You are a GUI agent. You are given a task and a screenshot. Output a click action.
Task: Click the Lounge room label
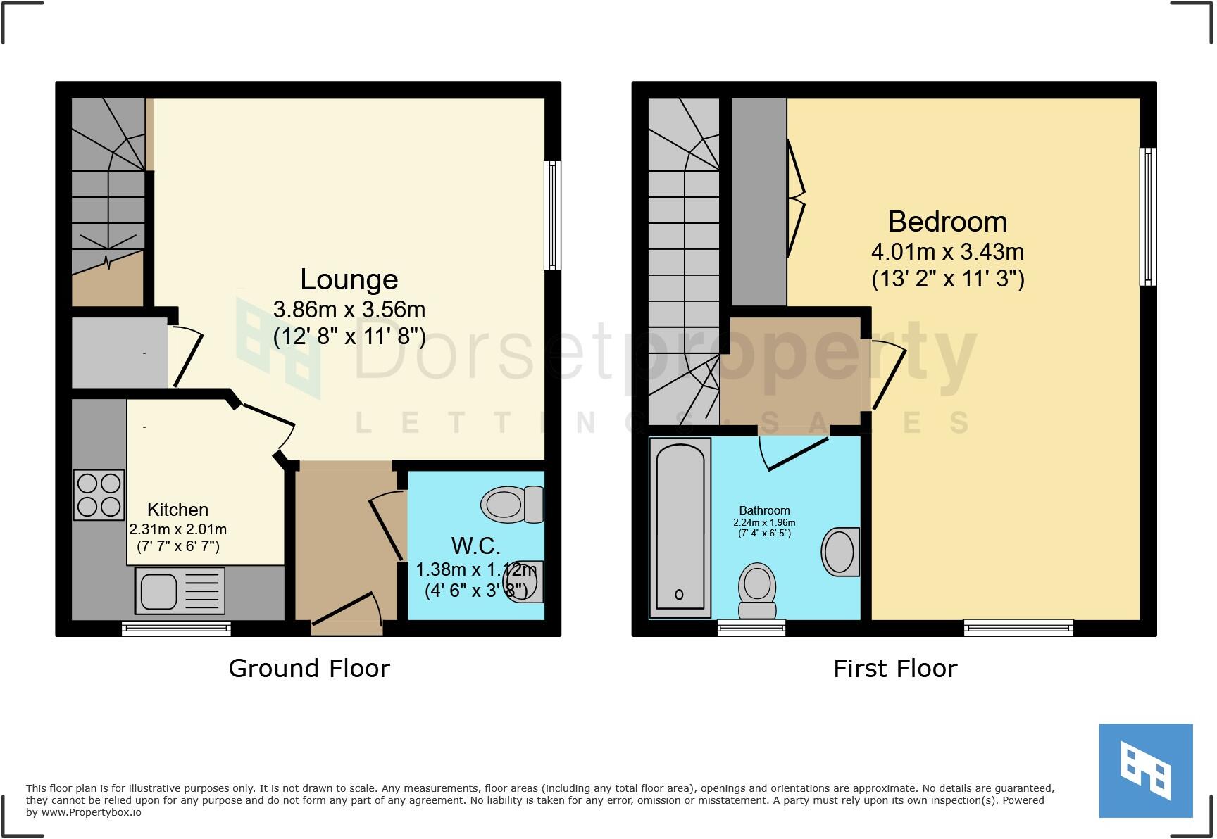click(349, 279)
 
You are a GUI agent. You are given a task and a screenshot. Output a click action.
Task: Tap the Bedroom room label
click(947, 222)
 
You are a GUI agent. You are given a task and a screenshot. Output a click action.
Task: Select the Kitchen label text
click(177, 510)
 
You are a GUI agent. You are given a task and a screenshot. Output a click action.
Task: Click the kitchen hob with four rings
click(99, 495)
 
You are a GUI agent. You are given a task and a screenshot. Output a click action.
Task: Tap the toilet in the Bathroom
click(757, 592)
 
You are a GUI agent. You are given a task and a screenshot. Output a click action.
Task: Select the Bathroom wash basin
click(840, 552)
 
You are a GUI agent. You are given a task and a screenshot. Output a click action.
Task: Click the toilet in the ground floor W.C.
click(512, 505)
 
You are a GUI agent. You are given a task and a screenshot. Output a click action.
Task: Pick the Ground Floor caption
click(308, 668)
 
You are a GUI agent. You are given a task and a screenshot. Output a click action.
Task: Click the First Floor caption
click(894, 668)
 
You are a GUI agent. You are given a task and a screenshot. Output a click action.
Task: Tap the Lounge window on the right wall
click(553, 215)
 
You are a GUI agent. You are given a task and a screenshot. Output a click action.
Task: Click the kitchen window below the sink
click(176, 628)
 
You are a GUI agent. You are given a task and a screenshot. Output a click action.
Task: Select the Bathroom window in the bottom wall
click(751, 627)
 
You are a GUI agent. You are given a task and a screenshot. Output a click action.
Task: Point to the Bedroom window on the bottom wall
click(1018, 627)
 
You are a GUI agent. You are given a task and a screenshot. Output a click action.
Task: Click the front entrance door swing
click(349, 610)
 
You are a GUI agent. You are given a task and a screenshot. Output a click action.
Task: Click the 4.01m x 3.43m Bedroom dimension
click(947, 251)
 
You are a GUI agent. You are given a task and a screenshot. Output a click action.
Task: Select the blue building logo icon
click(1146, 771)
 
